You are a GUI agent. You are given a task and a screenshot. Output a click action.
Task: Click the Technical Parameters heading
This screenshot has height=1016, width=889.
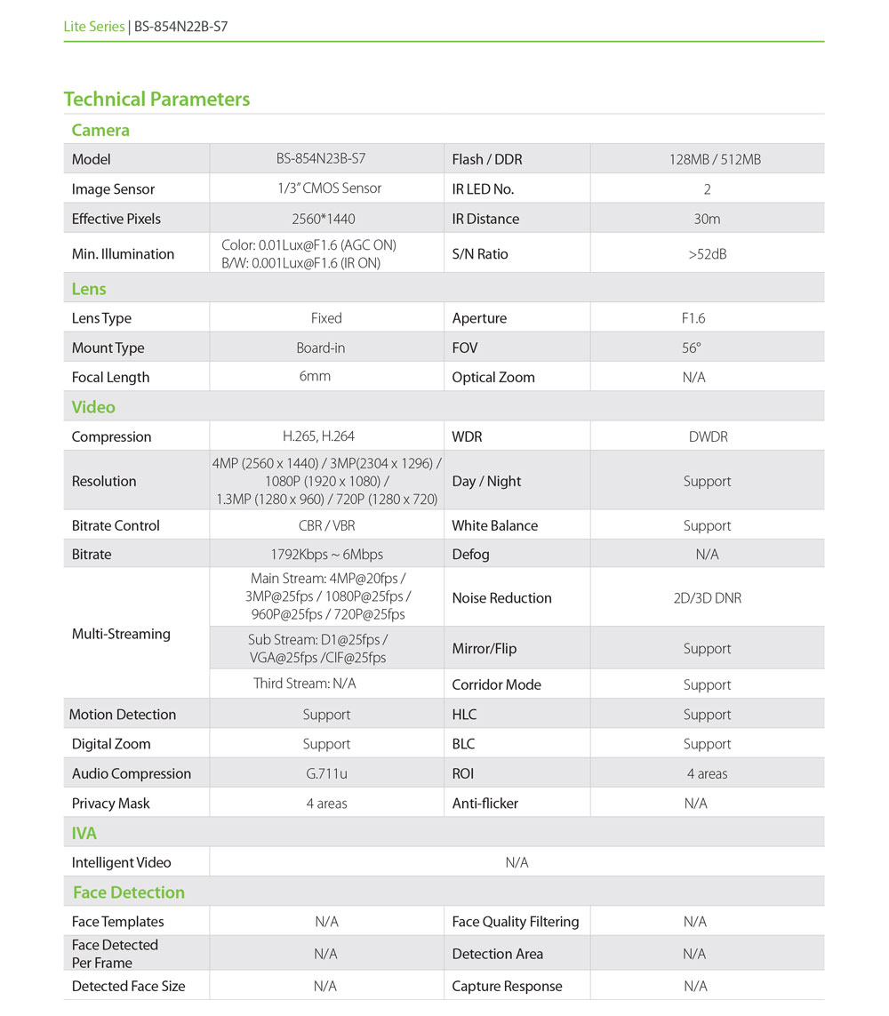[156, 100]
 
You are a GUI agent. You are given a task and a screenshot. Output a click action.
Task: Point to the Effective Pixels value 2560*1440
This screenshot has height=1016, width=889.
[325, 219]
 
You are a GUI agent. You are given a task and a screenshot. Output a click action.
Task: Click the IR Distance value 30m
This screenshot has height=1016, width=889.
[707, 219]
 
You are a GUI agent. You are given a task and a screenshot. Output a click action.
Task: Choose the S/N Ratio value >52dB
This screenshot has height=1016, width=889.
[707, 254]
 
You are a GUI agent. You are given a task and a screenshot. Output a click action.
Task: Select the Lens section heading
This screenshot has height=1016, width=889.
[89, 289]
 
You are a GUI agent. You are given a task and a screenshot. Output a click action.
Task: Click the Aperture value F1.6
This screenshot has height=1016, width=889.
[693, 318]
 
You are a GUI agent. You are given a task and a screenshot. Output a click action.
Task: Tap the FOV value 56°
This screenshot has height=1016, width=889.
[692, 348]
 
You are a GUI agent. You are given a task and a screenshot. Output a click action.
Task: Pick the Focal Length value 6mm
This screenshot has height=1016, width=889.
[315, 376]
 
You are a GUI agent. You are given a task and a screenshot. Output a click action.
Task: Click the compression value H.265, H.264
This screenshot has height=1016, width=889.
[317, 436]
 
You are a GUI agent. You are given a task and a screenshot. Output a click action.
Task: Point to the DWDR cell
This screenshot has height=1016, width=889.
[707, 436]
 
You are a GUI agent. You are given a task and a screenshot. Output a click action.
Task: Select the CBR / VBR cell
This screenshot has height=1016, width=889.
[326, 525]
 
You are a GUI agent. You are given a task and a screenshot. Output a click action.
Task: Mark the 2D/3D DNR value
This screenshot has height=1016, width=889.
[707, 598]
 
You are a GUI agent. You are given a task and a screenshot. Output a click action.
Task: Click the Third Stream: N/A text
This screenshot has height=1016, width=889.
[305, 684]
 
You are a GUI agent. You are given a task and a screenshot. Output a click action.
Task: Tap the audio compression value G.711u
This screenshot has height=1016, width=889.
[326, 773]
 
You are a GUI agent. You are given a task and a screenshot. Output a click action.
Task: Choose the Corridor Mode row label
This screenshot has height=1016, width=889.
[496, 684]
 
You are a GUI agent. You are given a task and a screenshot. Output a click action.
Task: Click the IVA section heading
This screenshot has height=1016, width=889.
[84, 834]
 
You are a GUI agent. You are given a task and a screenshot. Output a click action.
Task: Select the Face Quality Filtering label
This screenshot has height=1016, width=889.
[515, 922]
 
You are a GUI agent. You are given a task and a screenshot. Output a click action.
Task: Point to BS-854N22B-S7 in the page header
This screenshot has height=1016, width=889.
[180, 27]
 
